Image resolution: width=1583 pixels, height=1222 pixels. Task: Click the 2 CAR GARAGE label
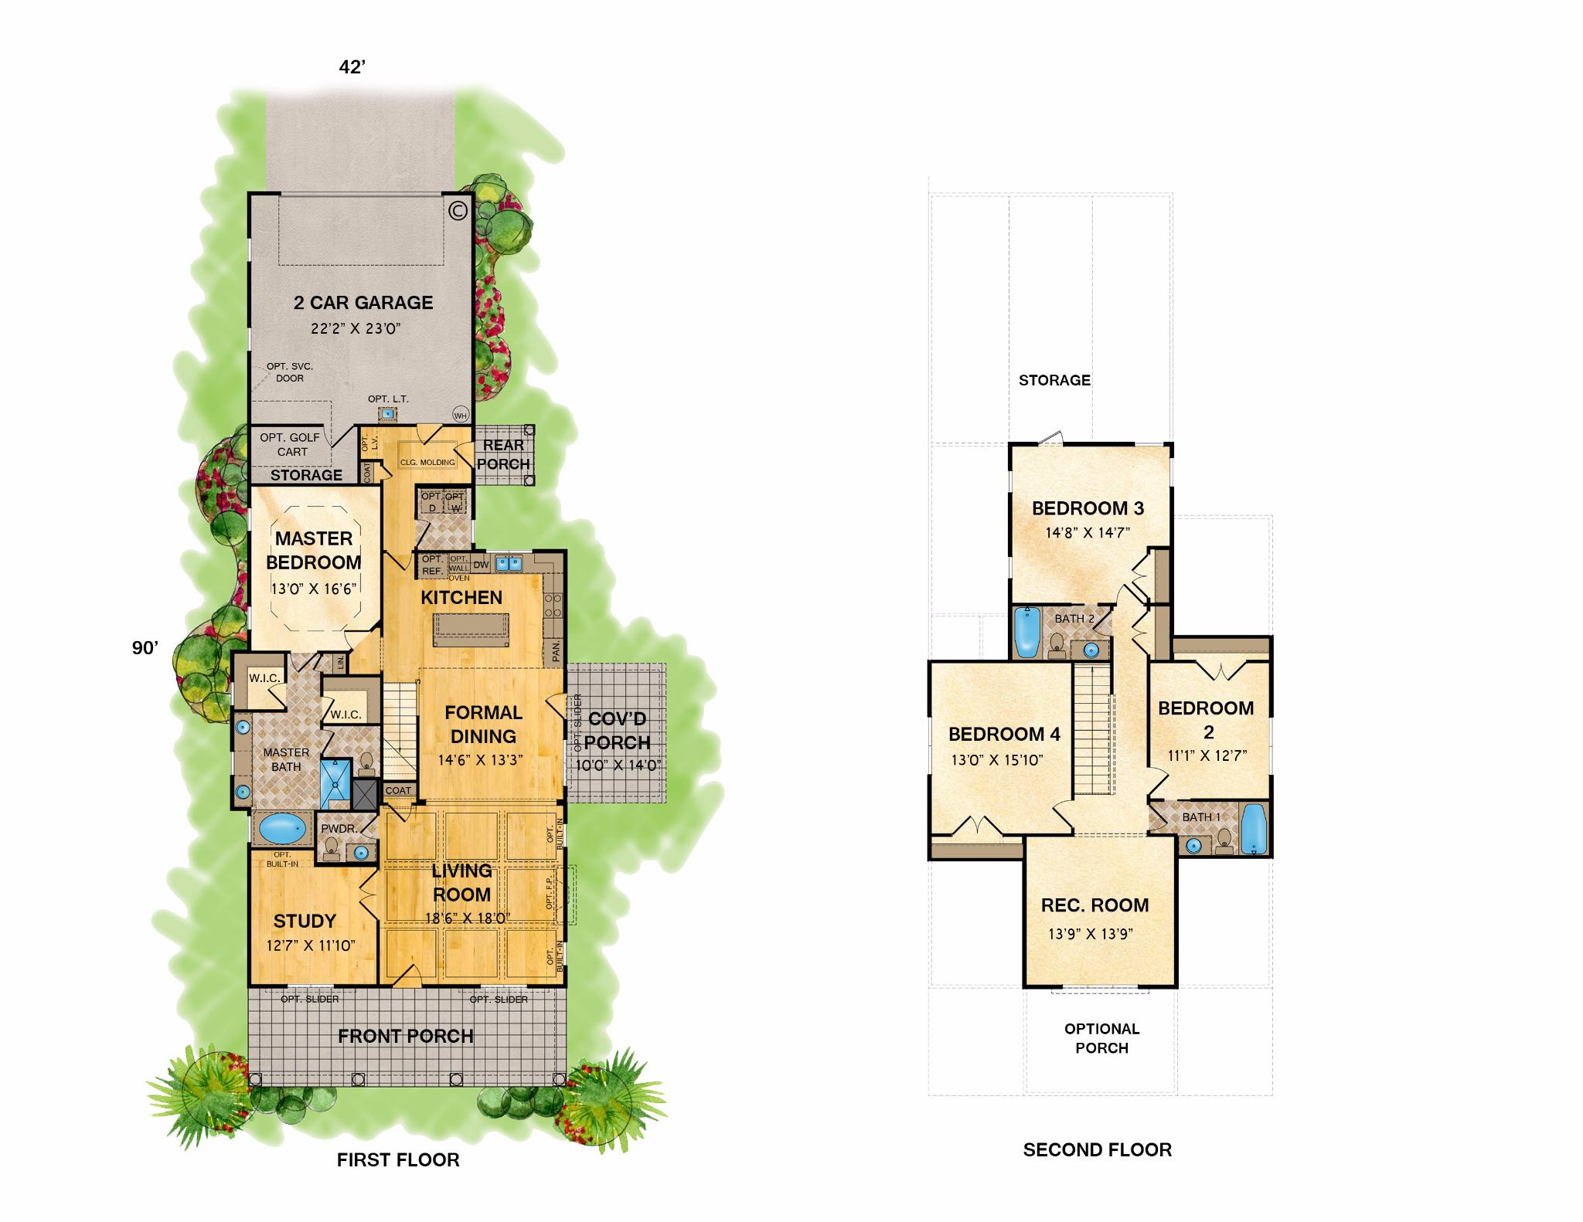(363, 303)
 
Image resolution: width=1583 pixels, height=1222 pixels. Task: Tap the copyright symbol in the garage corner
(458, 210)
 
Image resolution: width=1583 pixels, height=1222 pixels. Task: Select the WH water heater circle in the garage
(461, 415)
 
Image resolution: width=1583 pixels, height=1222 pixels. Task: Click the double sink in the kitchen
(509, 563)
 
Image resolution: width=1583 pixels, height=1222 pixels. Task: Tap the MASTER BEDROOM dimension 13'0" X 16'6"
(313, 589)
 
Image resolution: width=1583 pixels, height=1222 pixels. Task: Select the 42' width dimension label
(352, 68)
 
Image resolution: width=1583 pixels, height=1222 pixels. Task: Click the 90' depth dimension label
(145, 648)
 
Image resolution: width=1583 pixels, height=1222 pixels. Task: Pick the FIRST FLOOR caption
(398, 1159)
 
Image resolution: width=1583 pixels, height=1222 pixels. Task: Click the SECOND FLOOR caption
(1097, 1150)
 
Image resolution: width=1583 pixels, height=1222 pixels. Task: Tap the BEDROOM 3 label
(1088, 508)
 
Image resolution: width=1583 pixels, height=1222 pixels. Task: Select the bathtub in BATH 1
(1253, 829)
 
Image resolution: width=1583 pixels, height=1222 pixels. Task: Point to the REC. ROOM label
(1094, 905)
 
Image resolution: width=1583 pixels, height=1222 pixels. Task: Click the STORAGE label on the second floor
(1054, 380)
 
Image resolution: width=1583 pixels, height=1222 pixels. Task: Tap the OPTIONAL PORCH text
(1101, 1038)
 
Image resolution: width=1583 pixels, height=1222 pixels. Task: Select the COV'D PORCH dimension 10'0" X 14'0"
(617, 765)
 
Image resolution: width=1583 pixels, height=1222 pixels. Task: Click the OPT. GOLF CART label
(290, 444)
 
